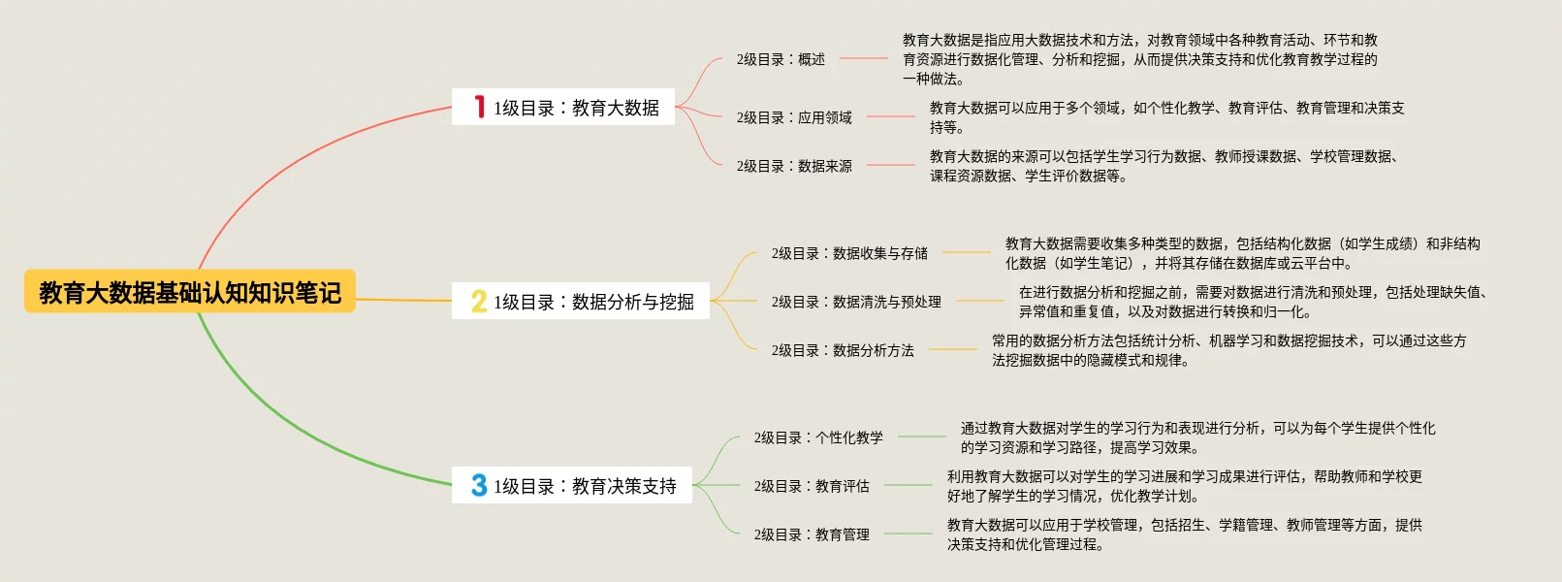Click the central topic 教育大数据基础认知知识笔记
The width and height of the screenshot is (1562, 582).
pyautogui.click(x=190, y=292)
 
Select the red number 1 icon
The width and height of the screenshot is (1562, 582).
pyautogui.click(x=479, y=107)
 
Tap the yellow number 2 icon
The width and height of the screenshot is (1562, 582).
pyautogui.click(x=479, y=301)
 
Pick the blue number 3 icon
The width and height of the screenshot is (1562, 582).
pyautogui.click(x=479, y=485)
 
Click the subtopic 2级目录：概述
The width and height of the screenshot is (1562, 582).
pyautogui.click(x=781, y=59)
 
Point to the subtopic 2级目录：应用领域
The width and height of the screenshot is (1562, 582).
pyautogui.click(x=794, y=117)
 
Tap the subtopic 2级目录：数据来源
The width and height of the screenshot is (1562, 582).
pyautogui.click(x=794, y=166)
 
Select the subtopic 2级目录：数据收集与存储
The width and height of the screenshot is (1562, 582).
pyautogui.click(x=849, y=253)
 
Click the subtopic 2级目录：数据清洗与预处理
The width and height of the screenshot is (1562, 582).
pyautogui.click(x=856, y=302)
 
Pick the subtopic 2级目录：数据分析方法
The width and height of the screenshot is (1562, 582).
pyautogui.click(x=843, y=350)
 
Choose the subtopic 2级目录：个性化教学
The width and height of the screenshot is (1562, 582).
pyautogui.click(x=818, y=437)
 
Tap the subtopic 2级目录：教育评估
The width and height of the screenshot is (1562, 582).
pyautogui.click(x=812, y=486)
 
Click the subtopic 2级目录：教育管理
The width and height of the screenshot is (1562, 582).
pyautogui.click(x=812, y=534)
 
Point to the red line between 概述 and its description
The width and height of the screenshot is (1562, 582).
pyautogui.click(x=863, y=58)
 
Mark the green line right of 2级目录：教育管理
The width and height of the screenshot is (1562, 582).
pyautogui.click(x=908, y=533)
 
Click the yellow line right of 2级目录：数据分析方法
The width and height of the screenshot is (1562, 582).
pyautogui.click(x=952, y=349)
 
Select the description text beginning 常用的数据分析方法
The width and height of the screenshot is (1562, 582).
pyautogui.click(x=1228, y=350)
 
